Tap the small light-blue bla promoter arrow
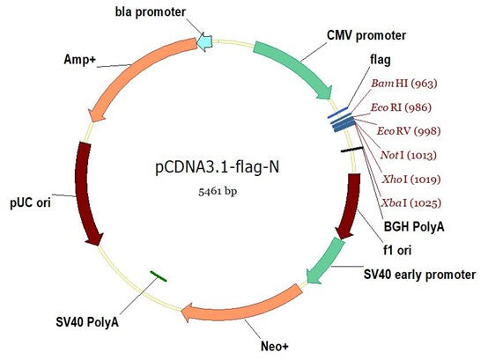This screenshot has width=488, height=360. click(x=203, y=41)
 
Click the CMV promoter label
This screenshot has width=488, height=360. click(x=365, y=36)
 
